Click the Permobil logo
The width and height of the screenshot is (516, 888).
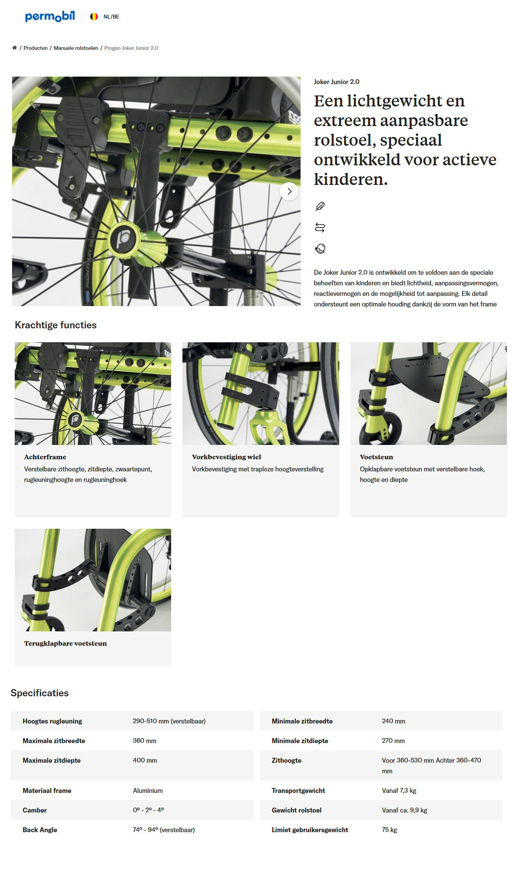(x=49, y=16)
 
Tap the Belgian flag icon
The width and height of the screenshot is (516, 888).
(x=94, y=17)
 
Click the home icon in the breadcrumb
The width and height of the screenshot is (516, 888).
(x=14, y=48)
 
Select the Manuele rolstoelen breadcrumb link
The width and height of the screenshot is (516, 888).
(x=76, y=48)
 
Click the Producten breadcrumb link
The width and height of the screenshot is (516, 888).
(x=36, y=48)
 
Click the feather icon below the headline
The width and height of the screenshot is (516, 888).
(x=320, y=206)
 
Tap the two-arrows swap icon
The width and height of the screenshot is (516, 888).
(x=320, y=228)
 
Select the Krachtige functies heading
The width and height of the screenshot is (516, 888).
(x=56, y=325)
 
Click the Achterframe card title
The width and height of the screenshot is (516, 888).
(x=45, y=457)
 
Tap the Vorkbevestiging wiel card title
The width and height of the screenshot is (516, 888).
(x=226, y=457)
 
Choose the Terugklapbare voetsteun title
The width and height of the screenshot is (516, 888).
(x=65, y=643)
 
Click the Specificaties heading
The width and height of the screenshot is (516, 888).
(x=40, y=693)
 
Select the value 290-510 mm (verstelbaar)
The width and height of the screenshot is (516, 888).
(x=169, y=721)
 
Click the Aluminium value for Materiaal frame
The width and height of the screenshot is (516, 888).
(x=148, y=791)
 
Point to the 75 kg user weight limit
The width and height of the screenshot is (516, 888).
(x=389, y=830)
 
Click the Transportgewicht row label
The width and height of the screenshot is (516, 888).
(x=298, y=791)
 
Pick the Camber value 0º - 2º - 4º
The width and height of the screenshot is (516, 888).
(x=148, y=810)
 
